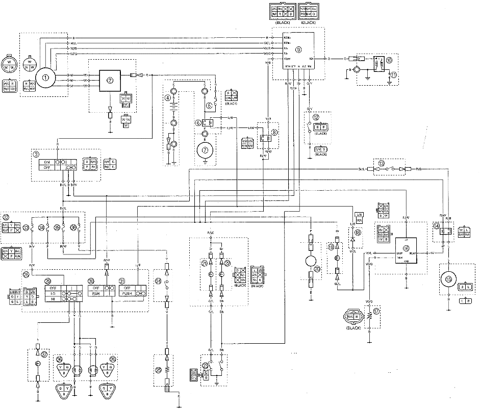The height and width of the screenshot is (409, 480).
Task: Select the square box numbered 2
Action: (x=109, y=81)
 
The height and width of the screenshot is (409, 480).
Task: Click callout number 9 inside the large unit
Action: (x=298, y=49)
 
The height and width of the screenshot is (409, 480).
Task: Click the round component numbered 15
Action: (x=448, y=279)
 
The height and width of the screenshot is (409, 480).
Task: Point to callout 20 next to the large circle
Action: (x=318, y=270)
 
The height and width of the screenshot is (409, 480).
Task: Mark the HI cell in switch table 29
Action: (x=53, y=300)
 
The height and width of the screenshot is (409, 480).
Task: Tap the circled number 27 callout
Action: (x=44, y=355)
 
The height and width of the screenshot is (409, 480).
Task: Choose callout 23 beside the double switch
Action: (x=205, y=366)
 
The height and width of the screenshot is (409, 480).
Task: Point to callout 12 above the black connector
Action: (x=317, y=117)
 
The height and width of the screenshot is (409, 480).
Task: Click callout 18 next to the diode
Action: (x=358, y=232)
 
